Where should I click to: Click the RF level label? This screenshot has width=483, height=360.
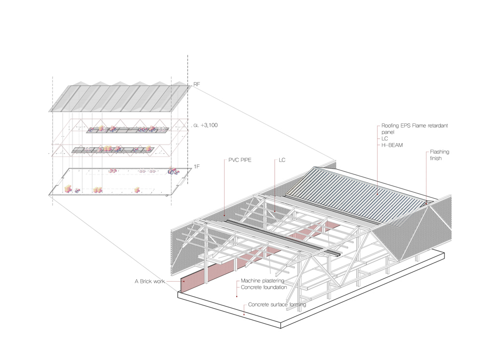197,85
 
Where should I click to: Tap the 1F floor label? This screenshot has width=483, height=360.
197,167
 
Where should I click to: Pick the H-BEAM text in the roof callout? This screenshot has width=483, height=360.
391,145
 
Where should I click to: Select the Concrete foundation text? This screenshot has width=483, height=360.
264,288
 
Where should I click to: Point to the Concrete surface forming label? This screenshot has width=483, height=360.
277,305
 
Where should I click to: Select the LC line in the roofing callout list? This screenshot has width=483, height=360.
384,139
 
